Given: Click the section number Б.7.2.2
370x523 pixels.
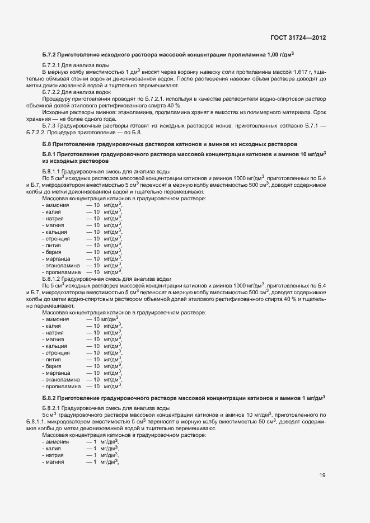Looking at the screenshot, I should pyautogui.click(x=51, y=92).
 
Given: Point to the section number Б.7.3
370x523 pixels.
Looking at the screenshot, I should pyautogui.click(x=51, y=126).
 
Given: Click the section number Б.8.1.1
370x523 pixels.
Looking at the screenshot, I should pyautogui.click(x=53, y=171).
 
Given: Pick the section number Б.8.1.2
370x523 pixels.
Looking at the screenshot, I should pyautogui.click(x=53, y=279).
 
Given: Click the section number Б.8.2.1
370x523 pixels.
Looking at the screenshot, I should pyautogui.click(x=53, y=408).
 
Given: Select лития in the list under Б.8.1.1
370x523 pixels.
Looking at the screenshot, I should pyautogui.click(x=54, y=245).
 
